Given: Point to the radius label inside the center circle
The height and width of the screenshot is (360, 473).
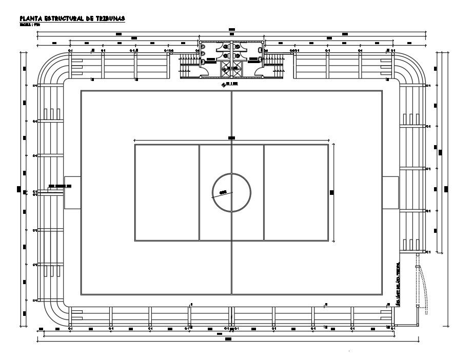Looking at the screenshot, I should [x=223, y=192].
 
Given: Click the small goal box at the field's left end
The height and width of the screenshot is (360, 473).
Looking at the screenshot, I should [x=72, y=192].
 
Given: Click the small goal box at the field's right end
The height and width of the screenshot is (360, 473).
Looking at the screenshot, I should [x=390, y=192].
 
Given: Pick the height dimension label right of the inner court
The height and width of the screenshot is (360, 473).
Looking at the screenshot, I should [x=331, y=192].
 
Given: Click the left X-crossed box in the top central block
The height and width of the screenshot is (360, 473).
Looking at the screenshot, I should [x=226, y=67].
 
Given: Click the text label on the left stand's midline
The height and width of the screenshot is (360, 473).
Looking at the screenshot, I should [x=60, y=186].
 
